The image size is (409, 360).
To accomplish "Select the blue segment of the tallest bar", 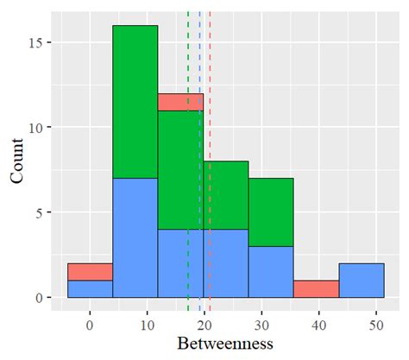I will click(135, 237).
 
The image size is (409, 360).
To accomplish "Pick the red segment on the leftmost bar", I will click(90, 271).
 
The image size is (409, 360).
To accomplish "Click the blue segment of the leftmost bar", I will click(90, 288).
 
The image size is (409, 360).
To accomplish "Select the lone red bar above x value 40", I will click(316, 288).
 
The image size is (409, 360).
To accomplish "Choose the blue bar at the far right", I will click(361, 280).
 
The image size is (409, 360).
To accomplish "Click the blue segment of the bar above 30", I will click(271, 271).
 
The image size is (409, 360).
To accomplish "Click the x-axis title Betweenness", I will click(224, 344).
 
